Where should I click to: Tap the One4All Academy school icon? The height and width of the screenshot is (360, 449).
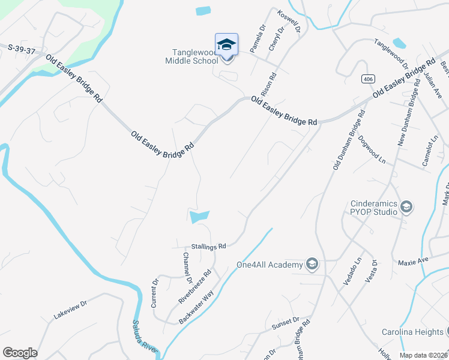[312, 263]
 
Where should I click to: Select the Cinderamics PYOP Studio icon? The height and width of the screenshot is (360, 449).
[406, 208]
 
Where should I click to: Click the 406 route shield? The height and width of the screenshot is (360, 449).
[367, 79]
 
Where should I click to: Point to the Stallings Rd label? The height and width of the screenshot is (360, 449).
[208, 246]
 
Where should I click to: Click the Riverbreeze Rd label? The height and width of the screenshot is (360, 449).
[195, 286]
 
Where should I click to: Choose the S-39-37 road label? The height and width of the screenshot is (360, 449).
[23, 48]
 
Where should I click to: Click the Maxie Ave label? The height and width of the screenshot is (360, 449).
[414, 262]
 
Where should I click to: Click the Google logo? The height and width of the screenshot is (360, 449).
[20, 353]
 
